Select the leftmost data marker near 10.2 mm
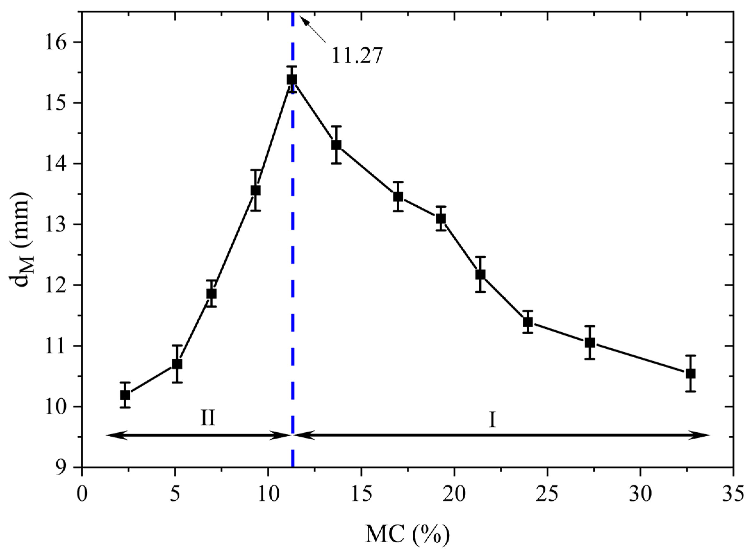click(x=125, y=395)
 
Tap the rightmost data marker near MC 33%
click(x=690, y=374)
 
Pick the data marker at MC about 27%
click(x=590, y=343)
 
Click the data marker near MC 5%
click(x=177, y=364)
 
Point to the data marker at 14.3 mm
click(x=336, y=145)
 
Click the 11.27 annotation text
click(x=357, y=56)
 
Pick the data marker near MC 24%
click(x=528, y=322)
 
